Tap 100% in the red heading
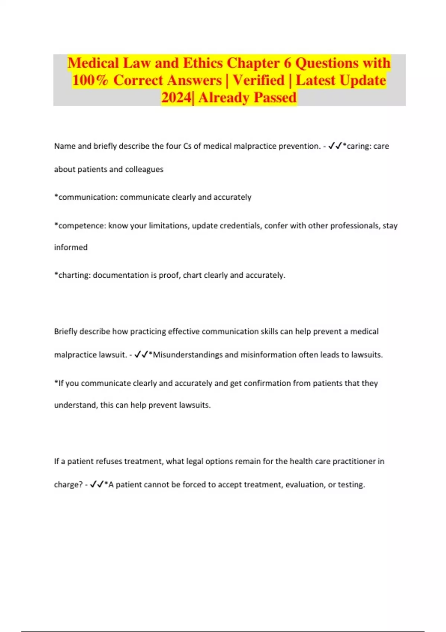coord(90,80)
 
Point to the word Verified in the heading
coord(259,80)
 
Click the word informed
coord(71,248)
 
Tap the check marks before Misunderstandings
coord(141,355)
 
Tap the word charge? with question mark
coord(68,485)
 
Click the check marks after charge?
coord(97,485)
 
